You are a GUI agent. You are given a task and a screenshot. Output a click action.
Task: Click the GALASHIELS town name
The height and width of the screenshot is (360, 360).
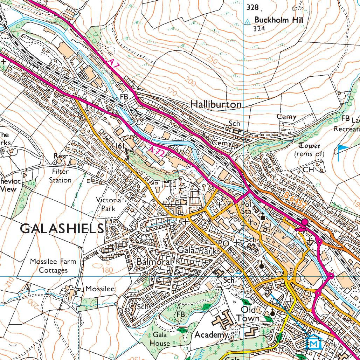pyautogui.click(x=62, y=229)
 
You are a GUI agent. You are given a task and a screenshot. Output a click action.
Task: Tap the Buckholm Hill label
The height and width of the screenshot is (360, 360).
pyautogui.click(x=276, y=20)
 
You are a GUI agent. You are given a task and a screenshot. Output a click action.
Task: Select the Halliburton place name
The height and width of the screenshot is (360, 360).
pyautogui.click(x=216, y=104)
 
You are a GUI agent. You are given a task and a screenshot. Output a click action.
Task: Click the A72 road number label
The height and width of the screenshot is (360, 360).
pyautogui.click(x=156, y=151)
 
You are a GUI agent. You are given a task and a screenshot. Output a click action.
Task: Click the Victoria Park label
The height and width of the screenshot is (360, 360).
pyautogui.click(x=109, y=204)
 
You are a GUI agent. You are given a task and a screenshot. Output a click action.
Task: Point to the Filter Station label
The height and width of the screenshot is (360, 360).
pyautogui.click(x=60, y=176)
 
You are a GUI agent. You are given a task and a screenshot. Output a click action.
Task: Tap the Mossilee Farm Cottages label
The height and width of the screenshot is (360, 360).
pyautogui.click(x=53, y=266)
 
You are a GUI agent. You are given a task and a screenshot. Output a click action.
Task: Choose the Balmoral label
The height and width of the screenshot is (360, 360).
pyautogui.click(x=154, y=262)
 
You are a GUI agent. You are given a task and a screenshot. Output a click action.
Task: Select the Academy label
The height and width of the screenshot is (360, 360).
pyautogui.click(x=211, y=335)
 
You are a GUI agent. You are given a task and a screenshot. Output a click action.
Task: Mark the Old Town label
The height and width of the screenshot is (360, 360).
pyautogui.click(x=248, y=314)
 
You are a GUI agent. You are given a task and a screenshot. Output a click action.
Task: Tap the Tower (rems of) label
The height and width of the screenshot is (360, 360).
pyautogui.click(x=309, y=150)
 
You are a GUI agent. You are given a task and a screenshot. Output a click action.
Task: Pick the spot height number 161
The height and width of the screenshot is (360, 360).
pyautogui.click(x=120, y=145)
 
